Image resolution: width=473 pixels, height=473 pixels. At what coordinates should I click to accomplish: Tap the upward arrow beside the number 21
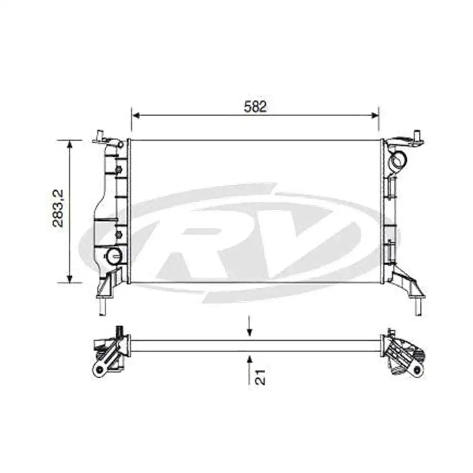click(x=249, y=359)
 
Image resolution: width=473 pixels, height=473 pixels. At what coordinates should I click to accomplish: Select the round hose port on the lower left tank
click(x=114, y=257)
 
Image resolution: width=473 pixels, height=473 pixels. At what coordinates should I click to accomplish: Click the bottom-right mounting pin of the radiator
click(x=417, y=307)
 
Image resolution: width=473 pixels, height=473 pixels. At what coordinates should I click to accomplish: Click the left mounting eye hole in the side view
click(x=99, y=369)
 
